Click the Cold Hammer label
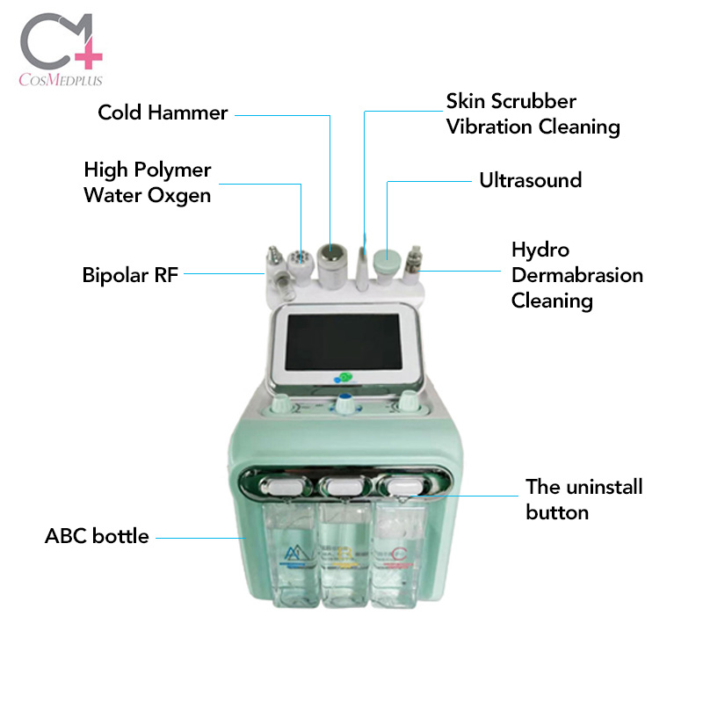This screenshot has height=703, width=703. (163, 112)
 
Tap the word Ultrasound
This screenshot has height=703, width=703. (530, 180)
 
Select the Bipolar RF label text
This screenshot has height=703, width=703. (130, 275)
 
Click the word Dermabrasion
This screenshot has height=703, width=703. (576, 275)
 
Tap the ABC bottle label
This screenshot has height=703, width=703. (97, 536)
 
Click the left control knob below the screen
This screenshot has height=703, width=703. (281, 405)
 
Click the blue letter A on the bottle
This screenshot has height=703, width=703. (292, 556)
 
